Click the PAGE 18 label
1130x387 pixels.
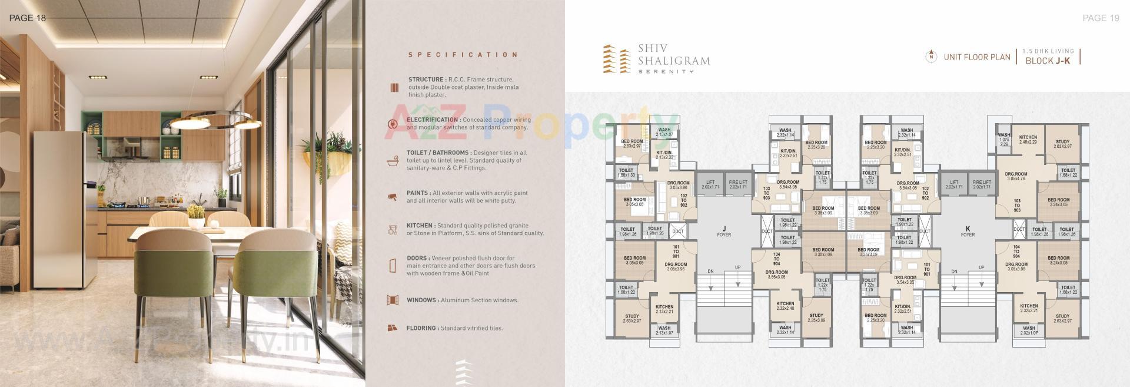point(28,18)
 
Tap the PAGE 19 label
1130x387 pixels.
point(1101,18)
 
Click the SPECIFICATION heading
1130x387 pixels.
point(463,55)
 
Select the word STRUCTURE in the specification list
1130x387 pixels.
point(426,80)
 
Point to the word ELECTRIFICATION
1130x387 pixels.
point(432,120)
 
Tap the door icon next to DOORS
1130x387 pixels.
point(392,265)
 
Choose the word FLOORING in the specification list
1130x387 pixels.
point(421,328)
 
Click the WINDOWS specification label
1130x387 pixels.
point(422,300)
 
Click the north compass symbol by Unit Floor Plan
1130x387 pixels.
point(930,57)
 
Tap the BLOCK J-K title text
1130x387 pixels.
point(1048,61)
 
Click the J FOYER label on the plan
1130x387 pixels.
point(724,231)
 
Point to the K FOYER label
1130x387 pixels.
point(968,231)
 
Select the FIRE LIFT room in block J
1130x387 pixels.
point(738,184)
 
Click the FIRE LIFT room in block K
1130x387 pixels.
point(982,184)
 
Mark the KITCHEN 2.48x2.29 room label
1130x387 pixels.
point(1028,140)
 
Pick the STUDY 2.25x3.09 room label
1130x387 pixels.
point(816,318)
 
